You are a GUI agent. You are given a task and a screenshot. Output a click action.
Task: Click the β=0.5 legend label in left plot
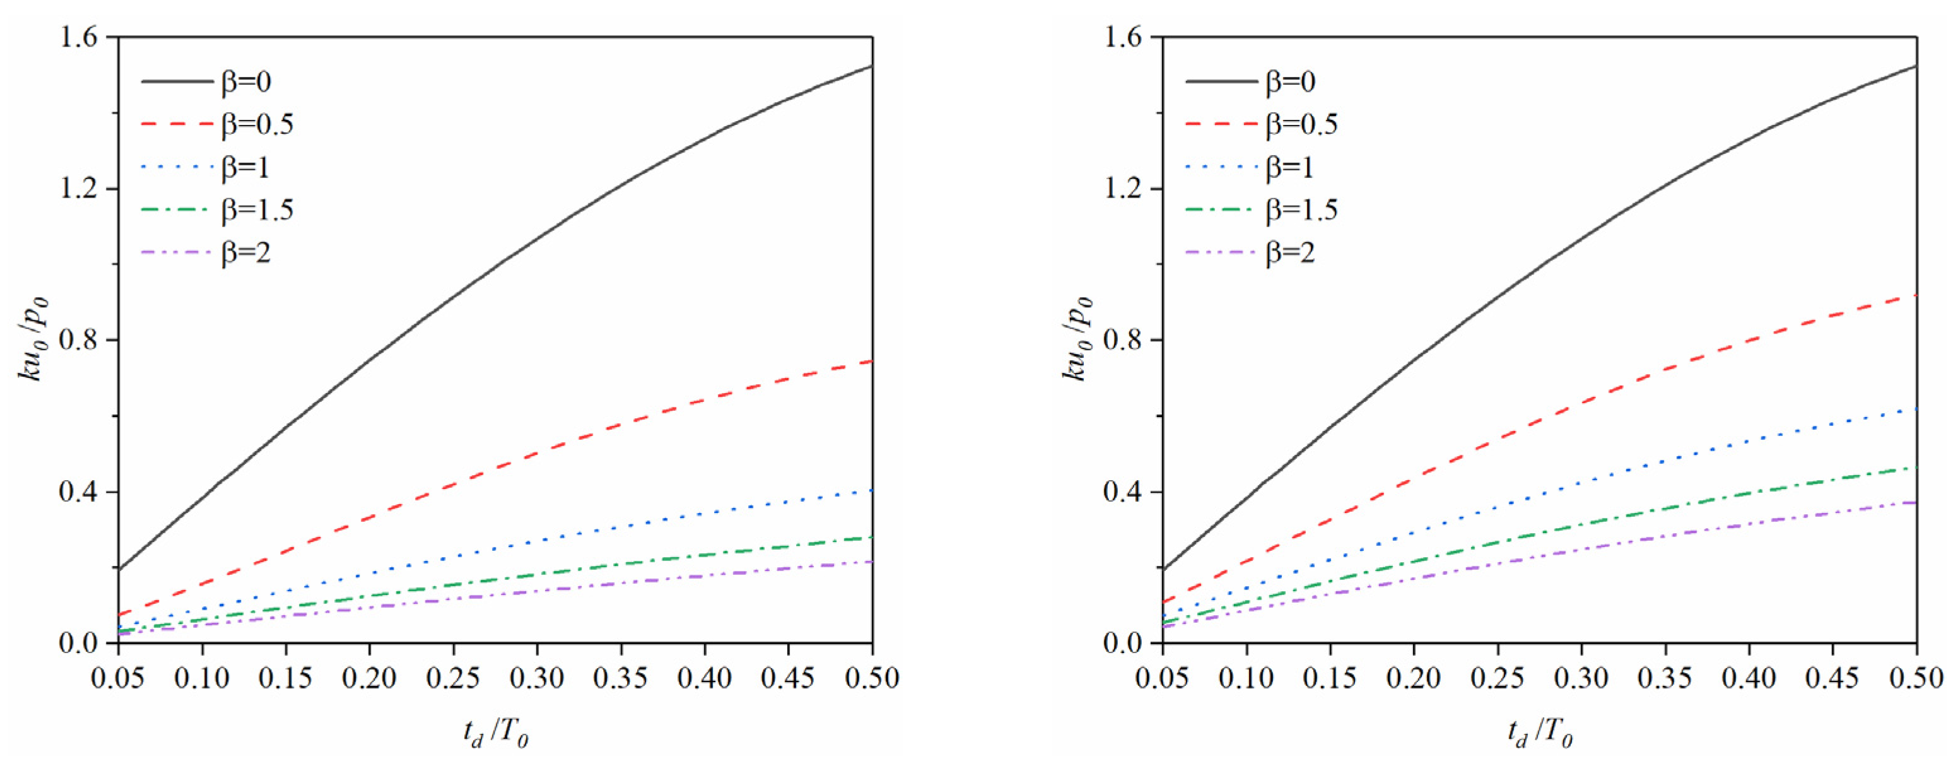257,124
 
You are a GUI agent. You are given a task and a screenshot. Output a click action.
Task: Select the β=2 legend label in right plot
1291,252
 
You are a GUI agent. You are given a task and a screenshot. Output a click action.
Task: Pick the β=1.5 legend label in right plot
1301,210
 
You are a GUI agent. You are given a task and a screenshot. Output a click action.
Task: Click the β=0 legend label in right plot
1291,81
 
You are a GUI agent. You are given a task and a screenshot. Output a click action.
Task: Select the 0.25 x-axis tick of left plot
454,678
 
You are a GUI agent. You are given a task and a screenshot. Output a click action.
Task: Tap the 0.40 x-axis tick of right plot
1749,678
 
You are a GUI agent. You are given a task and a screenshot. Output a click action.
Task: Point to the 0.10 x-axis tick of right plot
1247,678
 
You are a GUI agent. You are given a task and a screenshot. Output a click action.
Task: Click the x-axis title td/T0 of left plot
495,733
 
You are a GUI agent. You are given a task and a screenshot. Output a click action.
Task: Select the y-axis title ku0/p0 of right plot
1077,339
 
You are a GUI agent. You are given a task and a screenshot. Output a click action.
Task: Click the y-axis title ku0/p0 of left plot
33,339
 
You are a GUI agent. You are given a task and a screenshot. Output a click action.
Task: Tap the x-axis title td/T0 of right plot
1539,733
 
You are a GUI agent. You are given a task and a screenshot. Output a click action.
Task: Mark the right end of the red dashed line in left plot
871,362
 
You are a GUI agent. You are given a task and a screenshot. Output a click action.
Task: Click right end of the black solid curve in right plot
1916,66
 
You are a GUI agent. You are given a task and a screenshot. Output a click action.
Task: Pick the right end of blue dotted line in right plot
1916,409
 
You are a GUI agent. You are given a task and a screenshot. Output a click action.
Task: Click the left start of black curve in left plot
119,568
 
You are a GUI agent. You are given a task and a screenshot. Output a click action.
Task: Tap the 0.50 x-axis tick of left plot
872,678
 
